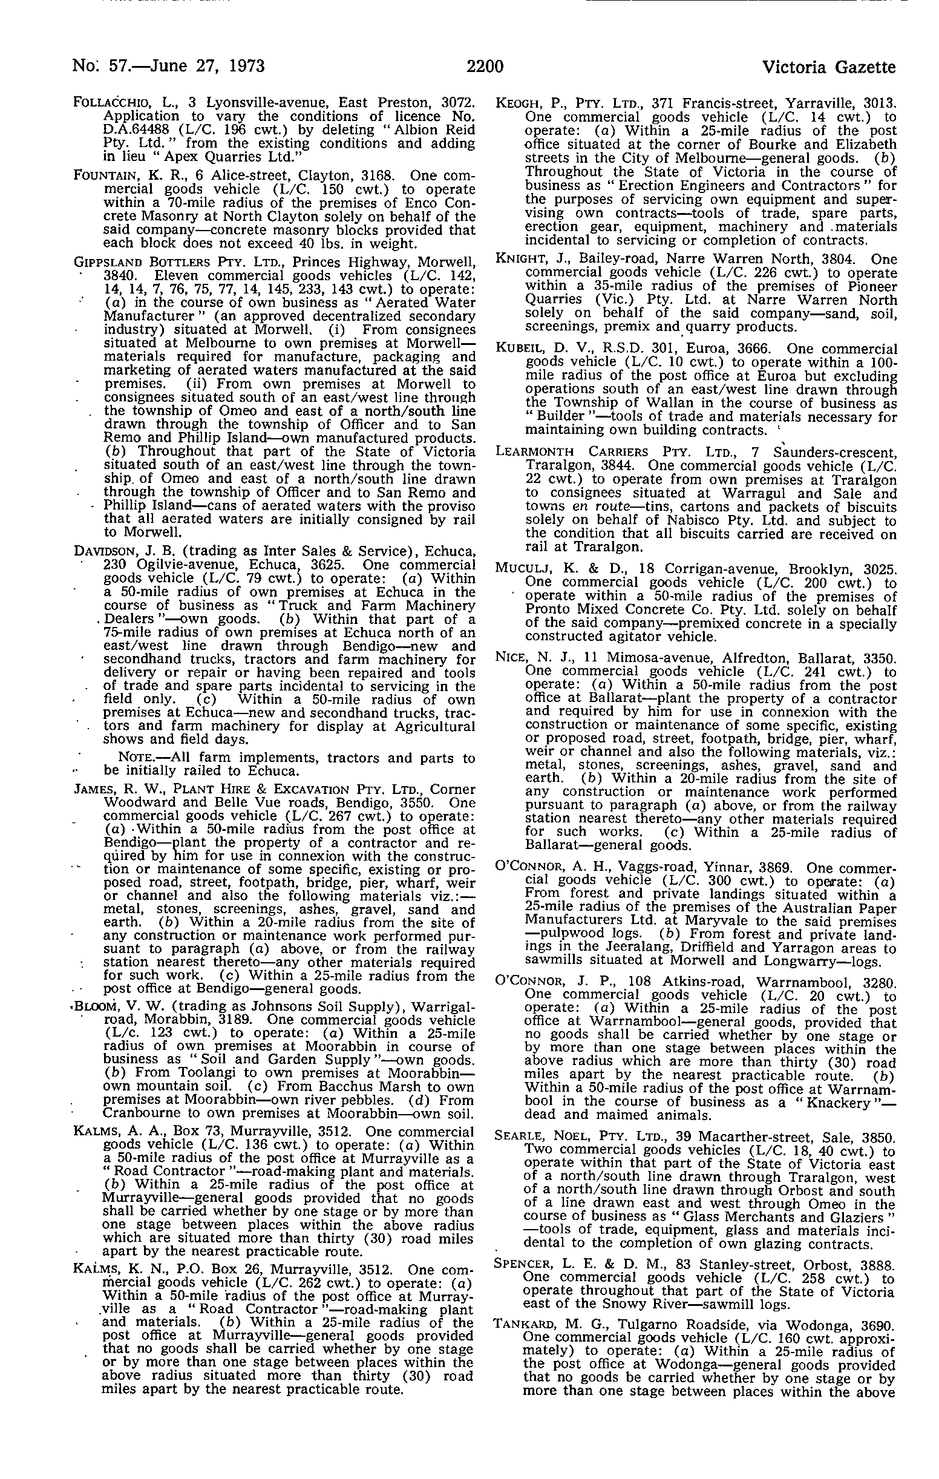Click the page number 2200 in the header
pos(485,67)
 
